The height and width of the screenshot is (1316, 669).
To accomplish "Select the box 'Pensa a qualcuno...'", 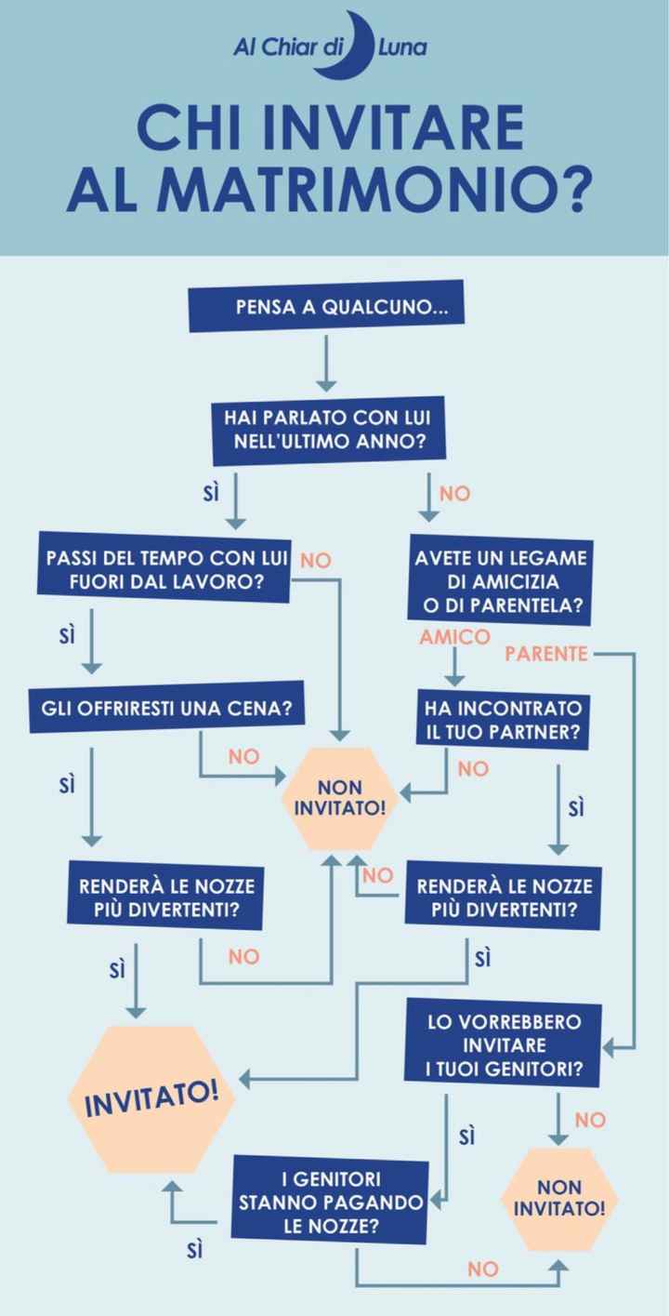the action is [326, 306].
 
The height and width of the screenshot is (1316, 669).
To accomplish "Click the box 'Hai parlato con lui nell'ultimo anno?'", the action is [329, 430].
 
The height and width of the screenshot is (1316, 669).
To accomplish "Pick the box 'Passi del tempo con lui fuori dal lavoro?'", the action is [164, 568].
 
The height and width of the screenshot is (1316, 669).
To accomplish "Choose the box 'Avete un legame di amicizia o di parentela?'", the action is [501, 579].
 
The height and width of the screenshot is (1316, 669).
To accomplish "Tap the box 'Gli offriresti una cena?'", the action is [166, 707].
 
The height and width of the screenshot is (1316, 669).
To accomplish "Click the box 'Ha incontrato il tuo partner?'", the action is [503, 720].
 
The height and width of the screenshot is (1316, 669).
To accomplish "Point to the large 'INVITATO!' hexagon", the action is [151, 1099].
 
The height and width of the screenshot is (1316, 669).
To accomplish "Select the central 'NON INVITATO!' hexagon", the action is [340, 798].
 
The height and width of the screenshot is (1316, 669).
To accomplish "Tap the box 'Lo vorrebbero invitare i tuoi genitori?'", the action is [503, 1044].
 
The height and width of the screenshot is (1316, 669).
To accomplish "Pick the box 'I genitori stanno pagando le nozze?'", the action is [330, 1202].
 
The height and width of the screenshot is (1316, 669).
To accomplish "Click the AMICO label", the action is [454, 637].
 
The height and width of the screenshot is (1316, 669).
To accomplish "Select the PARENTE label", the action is [546, 654].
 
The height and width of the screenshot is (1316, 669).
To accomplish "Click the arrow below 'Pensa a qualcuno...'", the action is [326, 363].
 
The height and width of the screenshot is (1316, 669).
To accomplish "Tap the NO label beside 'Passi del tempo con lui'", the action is [316, 561].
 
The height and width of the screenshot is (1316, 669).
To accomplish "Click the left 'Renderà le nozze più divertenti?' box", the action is [164, 897].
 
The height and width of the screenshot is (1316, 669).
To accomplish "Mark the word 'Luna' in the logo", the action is [402, 47].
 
